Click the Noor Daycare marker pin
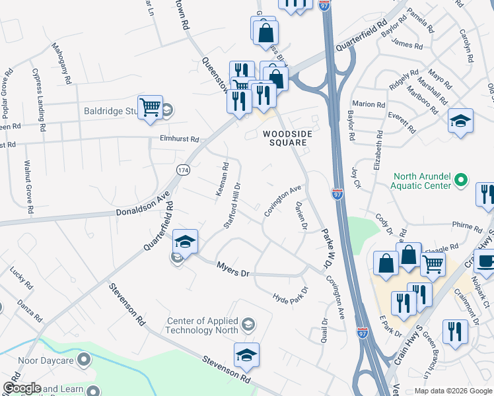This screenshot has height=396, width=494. click(x=84, y=360)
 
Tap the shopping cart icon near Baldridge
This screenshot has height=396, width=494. click(x=151, y=107)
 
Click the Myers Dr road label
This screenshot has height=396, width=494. click(x=234, y=269)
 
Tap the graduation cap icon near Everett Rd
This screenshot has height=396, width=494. click(x=460, y=121)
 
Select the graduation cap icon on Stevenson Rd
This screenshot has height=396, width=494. click(x=246, y=356)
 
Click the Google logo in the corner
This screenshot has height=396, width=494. click(x=22, y=388)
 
